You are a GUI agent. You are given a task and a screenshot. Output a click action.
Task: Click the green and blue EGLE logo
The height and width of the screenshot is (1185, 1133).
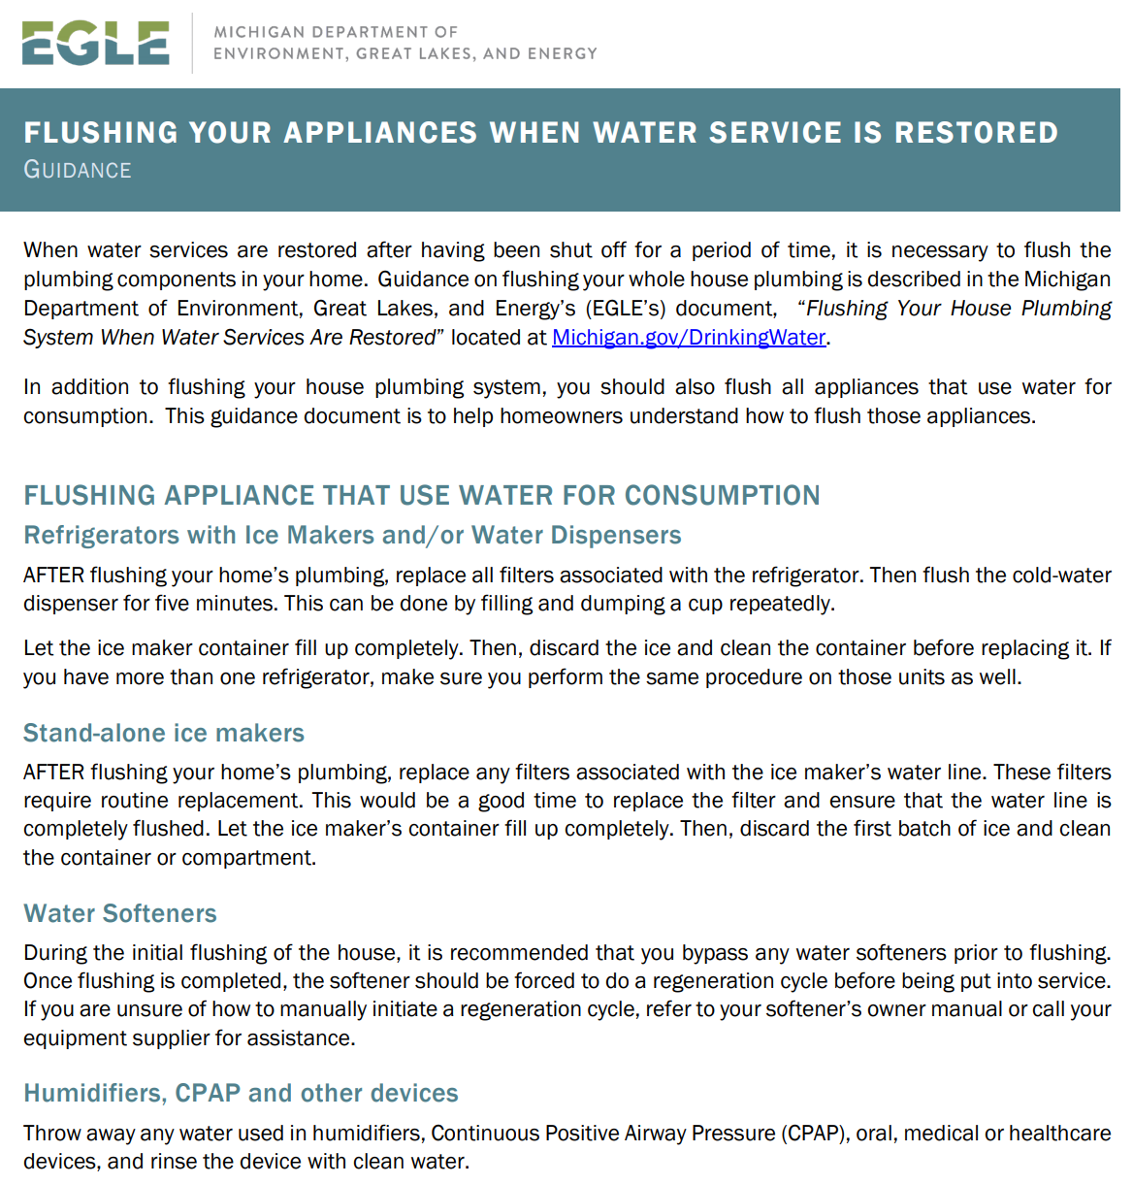[95, 44]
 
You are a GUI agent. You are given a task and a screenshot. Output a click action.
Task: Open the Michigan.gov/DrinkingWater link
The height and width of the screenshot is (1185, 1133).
[688, 338]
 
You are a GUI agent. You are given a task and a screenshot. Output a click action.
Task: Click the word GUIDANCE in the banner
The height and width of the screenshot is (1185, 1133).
[78, 171]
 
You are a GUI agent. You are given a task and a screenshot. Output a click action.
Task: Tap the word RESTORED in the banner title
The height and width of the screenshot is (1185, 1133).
[976, 133]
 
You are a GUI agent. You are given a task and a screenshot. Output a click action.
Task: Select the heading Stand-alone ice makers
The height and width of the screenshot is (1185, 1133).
[164, 734]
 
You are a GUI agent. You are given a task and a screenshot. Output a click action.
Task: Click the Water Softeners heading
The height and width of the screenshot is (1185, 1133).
[120, 914]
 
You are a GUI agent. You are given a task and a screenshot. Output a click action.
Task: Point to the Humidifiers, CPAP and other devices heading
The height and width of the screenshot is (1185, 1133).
[241, 1094]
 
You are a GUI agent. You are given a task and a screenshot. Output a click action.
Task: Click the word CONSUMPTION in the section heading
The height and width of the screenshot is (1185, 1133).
[722, 496]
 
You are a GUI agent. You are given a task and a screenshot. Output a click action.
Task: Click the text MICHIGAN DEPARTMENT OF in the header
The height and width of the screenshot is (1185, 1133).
[336, 32]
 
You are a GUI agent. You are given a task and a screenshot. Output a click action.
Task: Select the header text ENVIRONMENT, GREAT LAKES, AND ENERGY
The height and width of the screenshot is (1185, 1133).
[405, 53]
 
